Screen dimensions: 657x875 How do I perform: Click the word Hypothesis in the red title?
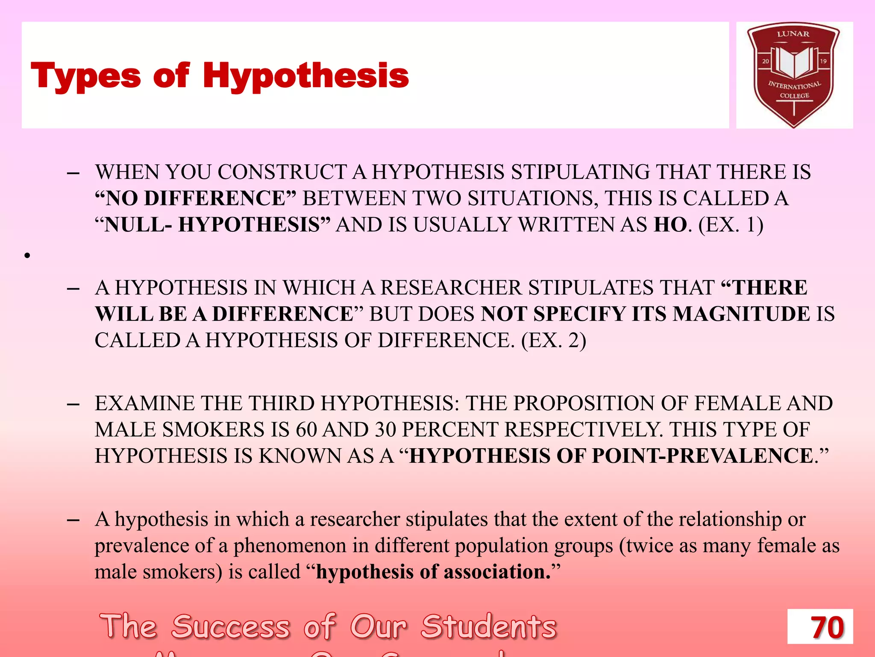coord(305,76)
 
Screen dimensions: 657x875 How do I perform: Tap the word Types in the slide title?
coord(85,76)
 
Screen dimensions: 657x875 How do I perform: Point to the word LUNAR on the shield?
coord(793,34)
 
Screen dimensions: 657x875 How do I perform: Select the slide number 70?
coord(827,627)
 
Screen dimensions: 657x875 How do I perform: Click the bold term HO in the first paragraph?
coord(670,225)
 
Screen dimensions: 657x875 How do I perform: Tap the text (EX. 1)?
coord(731,225)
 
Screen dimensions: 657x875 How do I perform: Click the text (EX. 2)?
coord(554,340)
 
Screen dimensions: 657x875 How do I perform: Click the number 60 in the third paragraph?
coord(306,429)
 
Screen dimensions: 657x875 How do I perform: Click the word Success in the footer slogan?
coord(231,627)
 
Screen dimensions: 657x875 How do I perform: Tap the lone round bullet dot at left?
coord(27,256)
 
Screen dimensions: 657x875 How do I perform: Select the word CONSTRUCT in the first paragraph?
coord(282,172)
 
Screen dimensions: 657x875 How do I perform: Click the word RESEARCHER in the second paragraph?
coord(451,287)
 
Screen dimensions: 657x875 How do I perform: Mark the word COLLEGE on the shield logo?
coord(794,96)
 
